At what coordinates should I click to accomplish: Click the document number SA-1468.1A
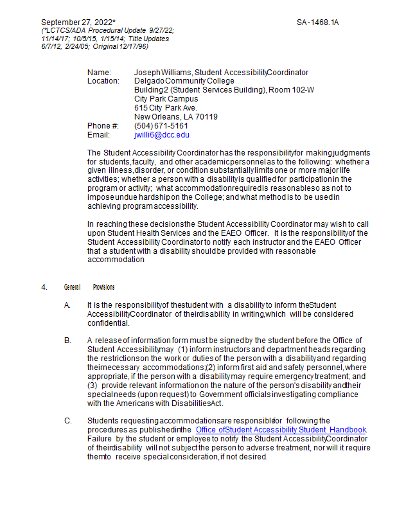tap(317, 22)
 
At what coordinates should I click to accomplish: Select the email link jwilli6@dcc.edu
tap(161, 135)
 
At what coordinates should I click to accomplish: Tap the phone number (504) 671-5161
tap(161, 126)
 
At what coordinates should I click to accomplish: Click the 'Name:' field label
tap(99, 72)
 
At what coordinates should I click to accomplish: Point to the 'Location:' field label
tap(103, 81)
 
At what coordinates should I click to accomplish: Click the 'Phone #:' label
tap(103, 126)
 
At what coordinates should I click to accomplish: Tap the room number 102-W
tap(300, 90)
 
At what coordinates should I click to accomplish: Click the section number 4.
tap(44, 287)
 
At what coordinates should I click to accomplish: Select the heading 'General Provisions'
tap(89, 287)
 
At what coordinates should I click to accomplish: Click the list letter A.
tap(67, 305)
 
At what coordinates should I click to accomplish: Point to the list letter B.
tap(67, 340)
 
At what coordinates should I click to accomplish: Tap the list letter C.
tap(67, 420)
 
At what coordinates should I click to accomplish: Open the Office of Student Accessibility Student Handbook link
tap(281, 429)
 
